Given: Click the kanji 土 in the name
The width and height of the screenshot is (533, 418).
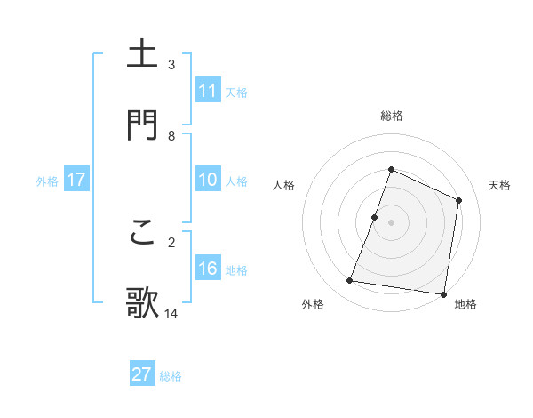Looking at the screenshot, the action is (144, 54).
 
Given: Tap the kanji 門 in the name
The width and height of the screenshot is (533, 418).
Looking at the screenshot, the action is (144, 125).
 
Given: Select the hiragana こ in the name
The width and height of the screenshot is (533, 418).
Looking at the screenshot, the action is (144, 232).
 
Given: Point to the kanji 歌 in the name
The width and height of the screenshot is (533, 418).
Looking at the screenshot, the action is (144, 302).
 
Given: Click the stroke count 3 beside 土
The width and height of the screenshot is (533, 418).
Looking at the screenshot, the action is (171, 65).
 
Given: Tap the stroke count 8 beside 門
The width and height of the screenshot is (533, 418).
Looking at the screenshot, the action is (171, 136).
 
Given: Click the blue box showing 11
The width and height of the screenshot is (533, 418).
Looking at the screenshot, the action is (208, 91).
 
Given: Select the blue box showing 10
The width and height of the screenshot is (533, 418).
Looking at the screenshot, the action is (208, 180).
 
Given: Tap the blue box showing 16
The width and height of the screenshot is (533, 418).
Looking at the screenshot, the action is (208, 269).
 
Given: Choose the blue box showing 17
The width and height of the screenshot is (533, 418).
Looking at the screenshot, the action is (76, 180).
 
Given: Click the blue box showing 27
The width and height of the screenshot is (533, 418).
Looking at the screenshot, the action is (142, 374).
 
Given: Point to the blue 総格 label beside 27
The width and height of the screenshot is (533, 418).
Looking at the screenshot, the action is (171, 376).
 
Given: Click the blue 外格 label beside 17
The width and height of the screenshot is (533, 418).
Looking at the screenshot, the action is (47, 181).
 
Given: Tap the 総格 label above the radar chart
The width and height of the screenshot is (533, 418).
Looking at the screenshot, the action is (392, 116).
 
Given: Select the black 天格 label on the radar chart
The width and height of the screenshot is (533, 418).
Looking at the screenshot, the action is (499, 185).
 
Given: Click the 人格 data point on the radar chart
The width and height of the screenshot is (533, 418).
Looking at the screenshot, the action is (375, 217).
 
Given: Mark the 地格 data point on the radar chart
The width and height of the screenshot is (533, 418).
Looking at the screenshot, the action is (443, 293).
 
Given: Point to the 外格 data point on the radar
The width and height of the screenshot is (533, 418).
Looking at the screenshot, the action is (350, 281).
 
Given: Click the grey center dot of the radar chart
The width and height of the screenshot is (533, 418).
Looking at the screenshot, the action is (392, 222).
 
